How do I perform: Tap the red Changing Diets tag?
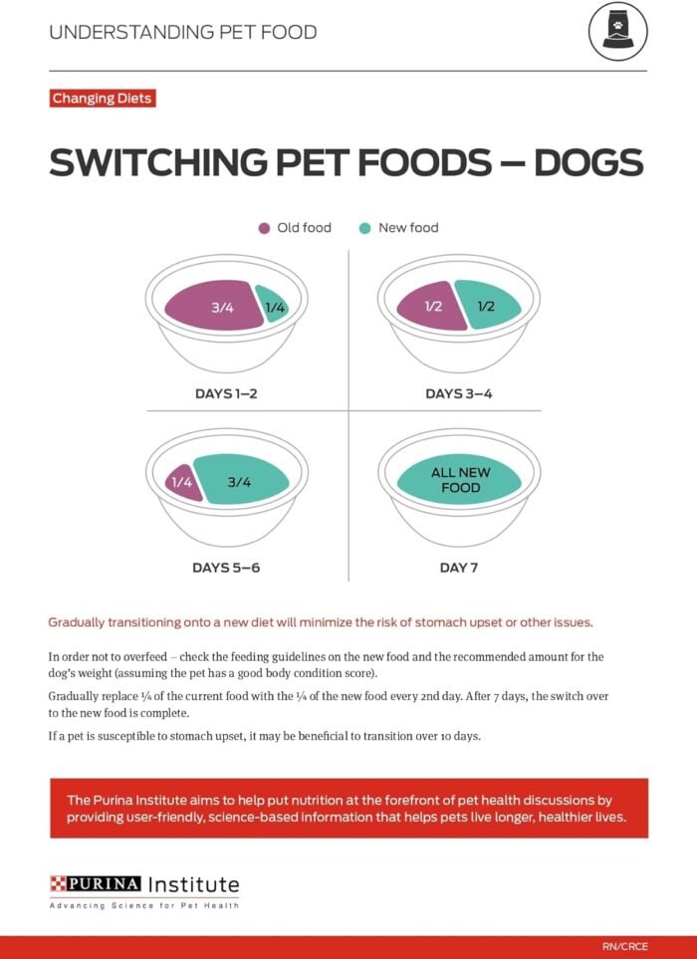(102, 99)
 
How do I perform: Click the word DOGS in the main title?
(588, 163)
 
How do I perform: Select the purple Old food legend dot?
(264, 228)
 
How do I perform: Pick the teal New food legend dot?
(364, 228)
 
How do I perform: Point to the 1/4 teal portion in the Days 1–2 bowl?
(273, 306)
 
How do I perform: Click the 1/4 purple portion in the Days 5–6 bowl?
(179, 482)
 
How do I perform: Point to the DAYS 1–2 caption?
(226, 393)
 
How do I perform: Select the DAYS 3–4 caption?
(458, 393)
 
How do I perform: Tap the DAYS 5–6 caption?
(226, 568)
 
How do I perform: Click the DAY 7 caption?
(458, 568)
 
